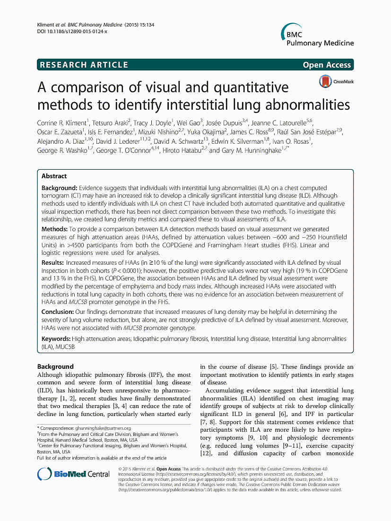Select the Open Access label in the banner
[x=327, y=65]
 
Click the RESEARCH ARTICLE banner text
[x=84, y=65]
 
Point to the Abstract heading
[x=54, y=176]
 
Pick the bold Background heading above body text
[x=55, y=366]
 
